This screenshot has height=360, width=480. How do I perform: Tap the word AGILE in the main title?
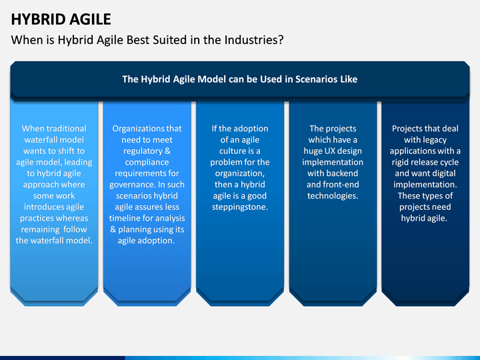click(x=90, y=19)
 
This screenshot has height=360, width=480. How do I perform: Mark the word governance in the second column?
click(x=128, y=185)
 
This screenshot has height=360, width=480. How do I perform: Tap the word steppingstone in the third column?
click(x=240, y=207)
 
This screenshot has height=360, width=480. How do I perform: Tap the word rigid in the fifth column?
click(x=399, y=163)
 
